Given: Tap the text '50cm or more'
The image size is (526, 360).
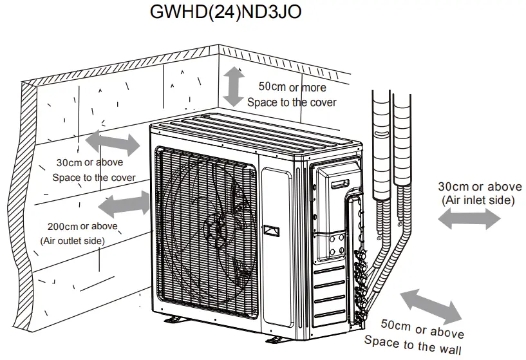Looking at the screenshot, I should click(x=292, y=87).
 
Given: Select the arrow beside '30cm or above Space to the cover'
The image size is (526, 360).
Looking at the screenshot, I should click(x=113, y=142).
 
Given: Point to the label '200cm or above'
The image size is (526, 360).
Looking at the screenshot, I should click(x=82, y=226).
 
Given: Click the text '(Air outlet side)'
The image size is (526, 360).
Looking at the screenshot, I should click(x=73, y=241).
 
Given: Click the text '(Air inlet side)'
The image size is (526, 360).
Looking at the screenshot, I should click(x=478, y=200).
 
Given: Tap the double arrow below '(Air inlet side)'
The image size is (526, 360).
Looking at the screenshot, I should click(x=469, y=220).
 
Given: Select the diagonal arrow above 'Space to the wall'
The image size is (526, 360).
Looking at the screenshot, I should click(x=430, y=306).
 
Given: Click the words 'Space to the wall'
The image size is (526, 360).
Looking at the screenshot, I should click(x=413, y=345).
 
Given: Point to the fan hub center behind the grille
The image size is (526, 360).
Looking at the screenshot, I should click(x=215, y=227).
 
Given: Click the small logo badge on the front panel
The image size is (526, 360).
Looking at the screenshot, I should click(x=270, y=230).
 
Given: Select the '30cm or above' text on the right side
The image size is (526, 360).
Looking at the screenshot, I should click(x=480, y=187).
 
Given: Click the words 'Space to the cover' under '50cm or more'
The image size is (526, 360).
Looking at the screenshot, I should click(x=292, y=102).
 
